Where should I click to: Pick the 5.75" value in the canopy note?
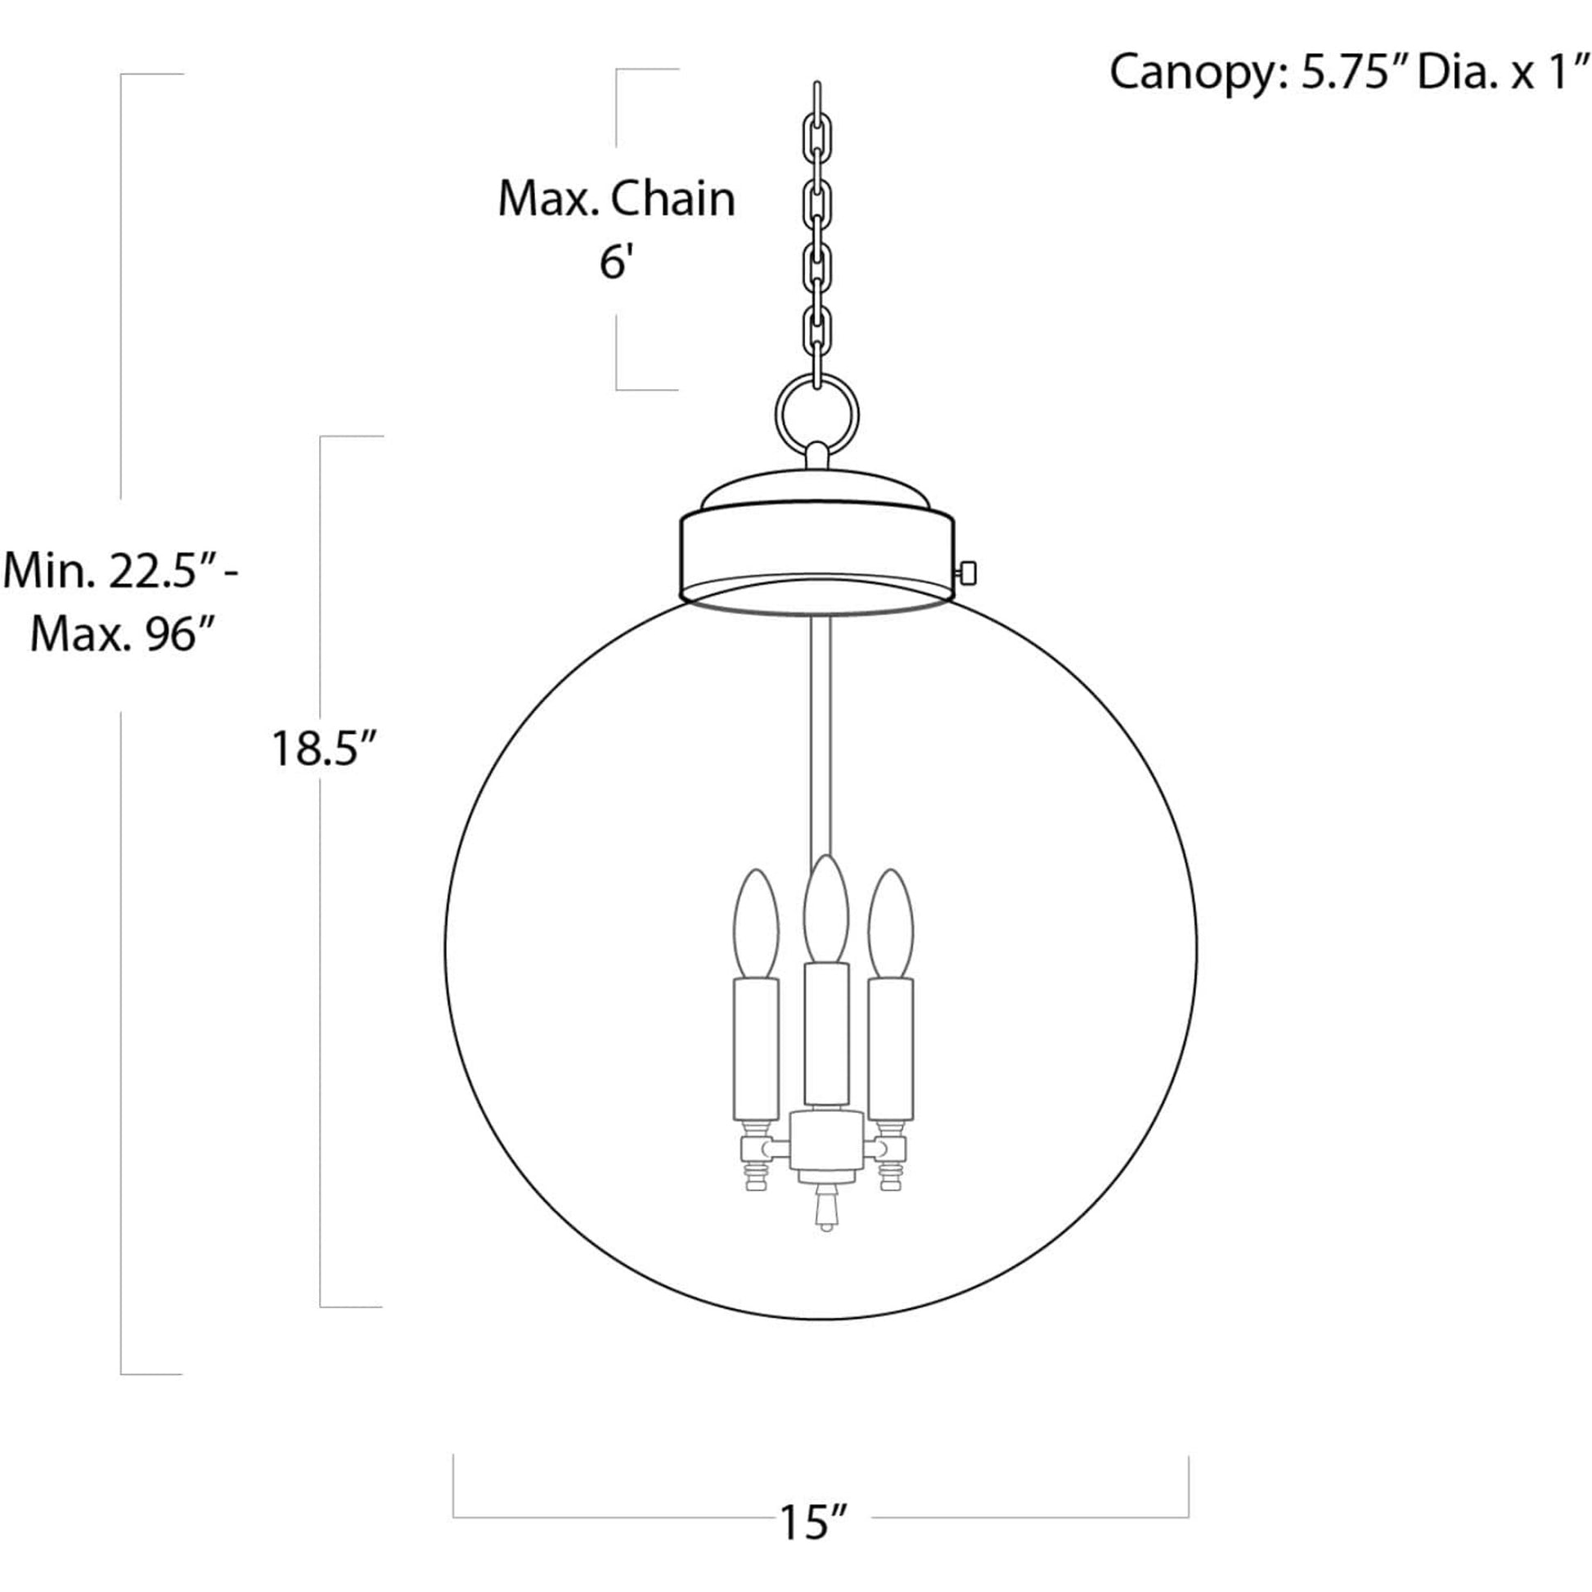1353,72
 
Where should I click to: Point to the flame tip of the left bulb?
756,871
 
